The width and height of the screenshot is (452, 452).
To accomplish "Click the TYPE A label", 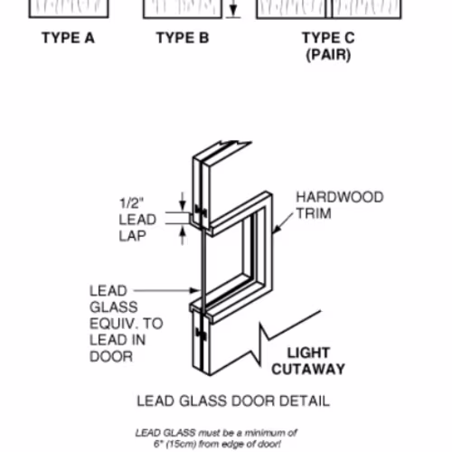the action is click(x=68, y=38).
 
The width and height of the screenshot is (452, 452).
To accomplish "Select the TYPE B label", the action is click(x=183, y=38).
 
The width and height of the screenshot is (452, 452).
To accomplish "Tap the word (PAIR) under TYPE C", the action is click(x=328, y=55).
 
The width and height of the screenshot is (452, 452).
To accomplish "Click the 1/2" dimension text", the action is click(x=132, y=202).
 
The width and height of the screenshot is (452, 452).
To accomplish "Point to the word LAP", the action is click(x=133, y=236).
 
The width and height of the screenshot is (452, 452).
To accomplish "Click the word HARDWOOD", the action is click(x=340, y=197).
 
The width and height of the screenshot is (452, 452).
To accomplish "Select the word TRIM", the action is click(x=314, y=213).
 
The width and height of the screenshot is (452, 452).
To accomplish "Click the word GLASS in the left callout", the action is click(x=114, y=307).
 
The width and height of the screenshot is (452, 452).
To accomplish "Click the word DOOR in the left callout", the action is click(x=111, y=357).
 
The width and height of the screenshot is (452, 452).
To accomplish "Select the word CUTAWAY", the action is click(x=308, y=369).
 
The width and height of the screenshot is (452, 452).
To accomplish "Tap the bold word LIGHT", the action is click(x=308, y=353).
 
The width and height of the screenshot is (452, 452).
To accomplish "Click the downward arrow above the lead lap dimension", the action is click(x=183, y=202).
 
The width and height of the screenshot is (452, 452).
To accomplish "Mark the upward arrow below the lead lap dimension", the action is click(x=183, y=235).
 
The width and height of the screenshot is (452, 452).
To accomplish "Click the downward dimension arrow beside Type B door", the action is click(x=232, y=8).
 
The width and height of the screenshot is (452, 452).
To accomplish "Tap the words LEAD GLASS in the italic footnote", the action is click(x=165, y=433).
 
